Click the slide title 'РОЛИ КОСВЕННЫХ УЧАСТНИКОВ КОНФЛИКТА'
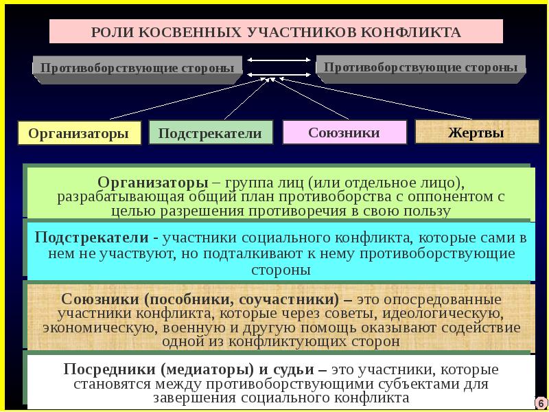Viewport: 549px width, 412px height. tap(276, 32)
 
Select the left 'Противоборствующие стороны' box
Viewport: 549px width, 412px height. tap(137, 68)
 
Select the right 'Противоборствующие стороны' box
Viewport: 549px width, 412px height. tap(421, 67)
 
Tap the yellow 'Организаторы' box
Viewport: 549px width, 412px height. tap(79, 133)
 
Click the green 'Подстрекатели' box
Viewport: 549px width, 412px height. tap(210, 133)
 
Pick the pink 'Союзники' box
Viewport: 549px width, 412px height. tap(344, 133)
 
